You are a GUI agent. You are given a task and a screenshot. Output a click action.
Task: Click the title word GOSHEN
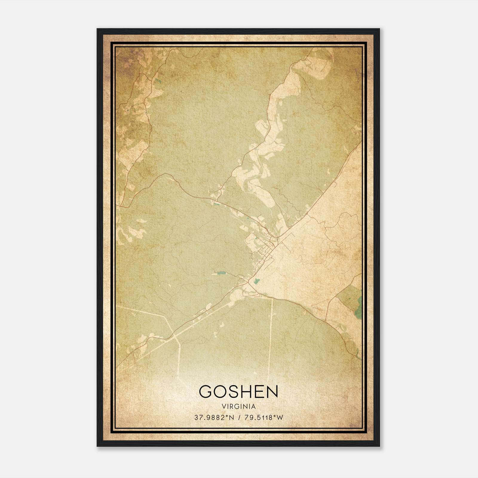tap(238, 391)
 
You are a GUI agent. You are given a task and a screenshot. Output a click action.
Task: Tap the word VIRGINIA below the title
tap(239, 407)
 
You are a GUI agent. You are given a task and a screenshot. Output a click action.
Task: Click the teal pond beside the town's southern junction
tap(256, 281)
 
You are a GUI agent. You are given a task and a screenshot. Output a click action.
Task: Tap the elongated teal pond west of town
tap(221, 273)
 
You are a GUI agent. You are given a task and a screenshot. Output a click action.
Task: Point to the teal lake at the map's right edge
tap(358, 311)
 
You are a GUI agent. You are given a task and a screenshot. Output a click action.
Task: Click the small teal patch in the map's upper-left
tap(157, 80)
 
